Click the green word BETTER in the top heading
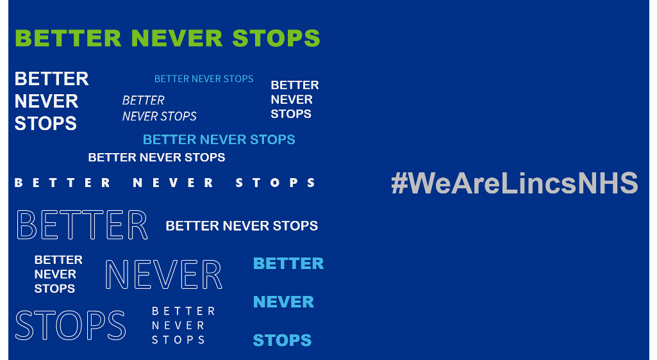click(x=68, y=38)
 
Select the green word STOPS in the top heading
click(x=276, y=38)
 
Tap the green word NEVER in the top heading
click(x=177, y=38)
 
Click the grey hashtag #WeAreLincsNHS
click(x=515, y=183)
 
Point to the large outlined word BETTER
click(x=82, y=225)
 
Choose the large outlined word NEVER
click(x=163, y=275)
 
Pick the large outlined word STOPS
click(x=71, y=325)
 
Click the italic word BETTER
click(x=144, y=101)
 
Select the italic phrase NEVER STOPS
click(x=159, y=116)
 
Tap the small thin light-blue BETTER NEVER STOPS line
click(x=204, y=79)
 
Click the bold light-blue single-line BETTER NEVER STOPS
click(x=219, y=140)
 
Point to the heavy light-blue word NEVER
click(x=284, y=302)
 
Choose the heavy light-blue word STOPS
click(x=283, y=340)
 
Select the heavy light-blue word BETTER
click(x=288, y=264)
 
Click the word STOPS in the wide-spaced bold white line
click(x=275, y=183)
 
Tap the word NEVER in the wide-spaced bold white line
click(x=173, y=183)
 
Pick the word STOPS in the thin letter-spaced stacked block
click(x=178, y=340)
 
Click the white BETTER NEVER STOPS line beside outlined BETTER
click(x=242, y=226)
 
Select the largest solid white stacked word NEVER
click(x=47, y=101)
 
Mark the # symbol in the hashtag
click(x=399, y=183)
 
